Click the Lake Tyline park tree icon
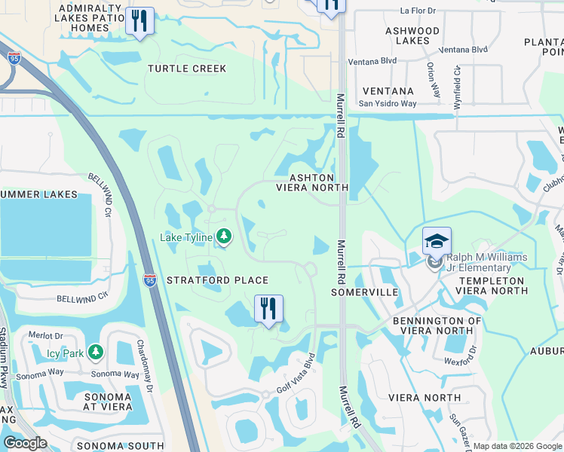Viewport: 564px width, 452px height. (x=223, y=238)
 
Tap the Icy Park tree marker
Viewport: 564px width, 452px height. (x=95, y=352)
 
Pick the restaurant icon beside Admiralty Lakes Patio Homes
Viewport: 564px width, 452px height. (x=139, y=22)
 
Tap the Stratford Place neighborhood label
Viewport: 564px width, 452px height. (x=218, y=280)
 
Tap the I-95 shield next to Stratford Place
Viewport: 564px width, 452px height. (x=149, y=279)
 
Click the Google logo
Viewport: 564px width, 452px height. (x=26, y=443)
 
